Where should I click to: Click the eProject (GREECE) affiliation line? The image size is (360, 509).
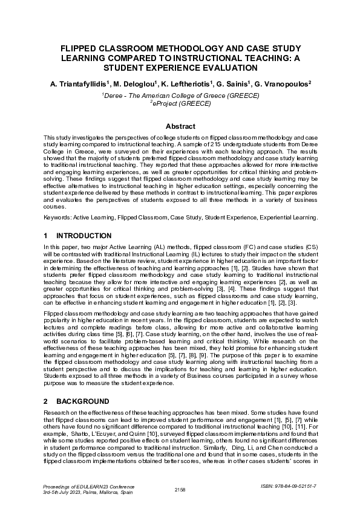pyautogui.click(x=180, y=104)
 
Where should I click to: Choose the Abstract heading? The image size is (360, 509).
pyautogui.click(x=180, y=126)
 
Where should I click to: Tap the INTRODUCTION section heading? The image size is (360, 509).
pyautogui.click(x=83, y=236)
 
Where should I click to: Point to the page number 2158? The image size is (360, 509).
pyautogui.click(x=180, y=488)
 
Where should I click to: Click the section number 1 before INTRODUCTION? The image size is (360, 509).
pyautogui.click(x=47, y=236)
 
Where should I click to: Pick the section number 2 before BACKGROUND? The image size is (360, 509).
pyautogui.click(x=47, y=401)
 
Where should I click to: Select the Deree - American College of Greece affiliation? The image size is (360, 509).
pyautogui.click(x=180, y=96)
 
